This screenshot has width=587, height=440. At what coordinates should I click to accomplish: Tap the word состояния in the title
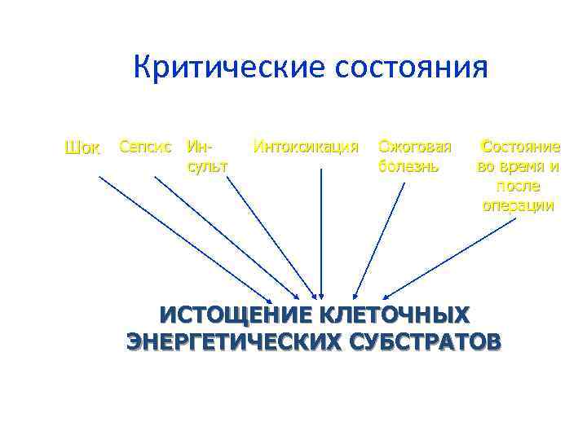tap(412, 67)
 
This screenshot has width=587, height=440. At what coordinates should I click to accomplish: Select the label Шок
tap(82, 148)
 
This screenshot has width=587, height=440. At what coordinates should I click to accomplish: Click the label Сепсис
tap(145, 147)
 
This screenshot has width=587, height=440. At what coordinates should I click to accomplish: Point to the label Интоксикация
tap(306, 147)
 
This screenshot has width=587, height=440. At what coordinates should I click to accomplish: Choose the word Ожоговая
tap(414, 147)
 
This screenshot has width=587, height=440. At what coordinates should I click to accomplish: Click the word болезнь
tap(408, 166)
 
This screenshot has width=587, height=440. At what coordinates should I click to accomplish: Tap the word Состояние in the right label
tap(520, 147)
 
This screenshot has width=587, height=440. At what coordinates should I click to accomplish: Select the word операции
tap(518, 205)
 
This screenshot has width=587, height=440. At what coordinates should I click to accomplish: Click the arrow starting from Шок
tap(186, 238)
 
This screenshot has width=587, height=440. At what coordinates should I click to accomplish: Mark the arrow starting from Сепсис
tap(227, 237)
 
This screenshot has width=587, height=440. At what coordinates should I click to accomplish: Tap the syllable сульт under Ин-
tap(207, 166)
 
